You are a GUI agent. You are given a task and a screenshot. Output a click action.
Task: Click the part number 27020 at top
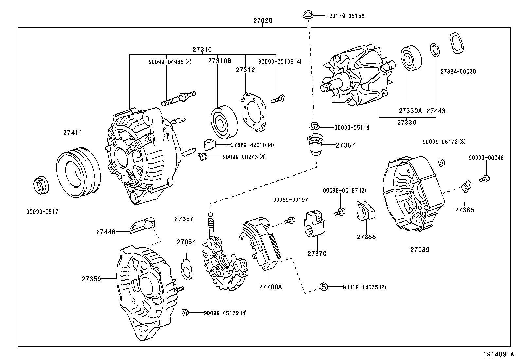click(262, 20)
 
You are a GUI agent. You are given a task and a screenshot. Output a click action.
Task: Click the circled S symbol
click(323, 287)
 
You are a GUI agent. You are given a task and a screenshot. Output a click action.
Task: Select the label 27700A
click(270, 287)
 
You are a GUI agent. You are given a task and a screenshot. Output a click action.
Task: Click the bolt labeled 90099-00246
click(485, 179)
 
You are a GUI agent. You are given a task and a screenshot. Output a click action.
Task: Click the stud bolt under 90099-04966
click(178, 99)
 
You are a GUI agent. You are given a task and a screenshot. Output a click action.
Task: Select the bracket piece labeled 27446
click(142, 225)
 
